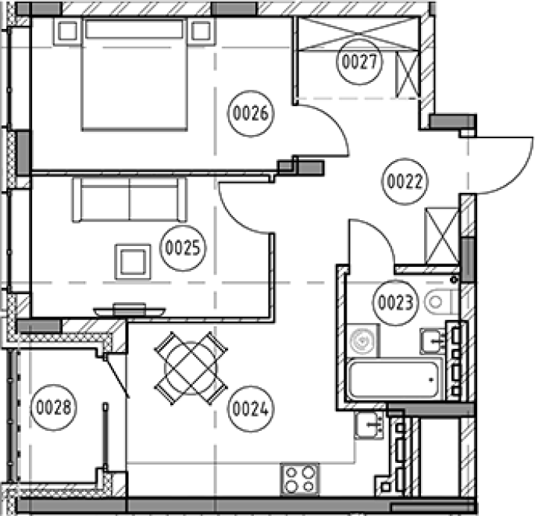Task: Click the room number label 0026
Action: pos(251,113)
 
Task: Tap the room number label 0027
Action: pos(359,62)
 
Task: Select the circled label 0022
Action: pos(405,181)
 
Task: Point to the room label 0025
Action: pos(183,248)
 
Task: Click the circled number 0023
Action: pos(396,303)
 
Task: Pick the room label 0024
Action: pos(251,408)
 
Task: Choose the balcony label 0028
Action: pos(54,407)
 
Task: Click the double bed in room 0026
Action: pos(134,75)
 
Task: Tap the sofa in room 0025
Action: pos(130,199)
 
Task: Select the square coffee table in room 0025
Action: pos(133,262)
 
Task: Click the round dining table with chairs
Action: pos(191,368)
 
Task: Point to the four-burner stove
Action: pos(300,479)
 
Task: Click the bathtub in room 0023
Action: pos(394,379)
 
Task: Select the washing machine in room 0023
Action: pos(363,340)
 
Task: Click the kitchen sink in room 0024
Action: pos(370,425)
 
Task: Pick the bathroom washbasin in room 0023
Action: pos(433,341)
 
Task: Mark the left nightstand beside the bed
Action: pos(67,32)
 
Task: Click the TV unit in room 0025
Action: pos(130,311)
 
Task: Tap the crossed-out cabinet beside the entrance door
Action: pos(442,236)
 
